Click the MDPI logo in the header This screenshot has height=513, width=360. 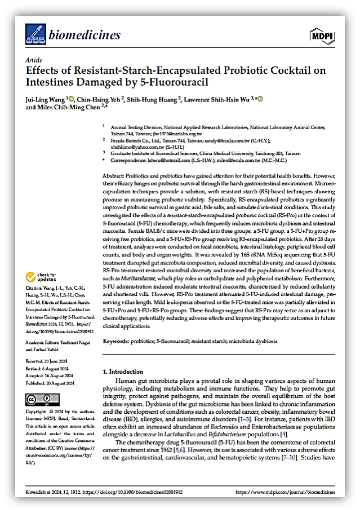tap(322, 36)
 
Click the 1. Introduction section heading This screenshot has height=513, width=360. tap(127, 372)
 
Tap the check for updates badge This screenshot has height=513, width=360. tap(41, 277)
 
